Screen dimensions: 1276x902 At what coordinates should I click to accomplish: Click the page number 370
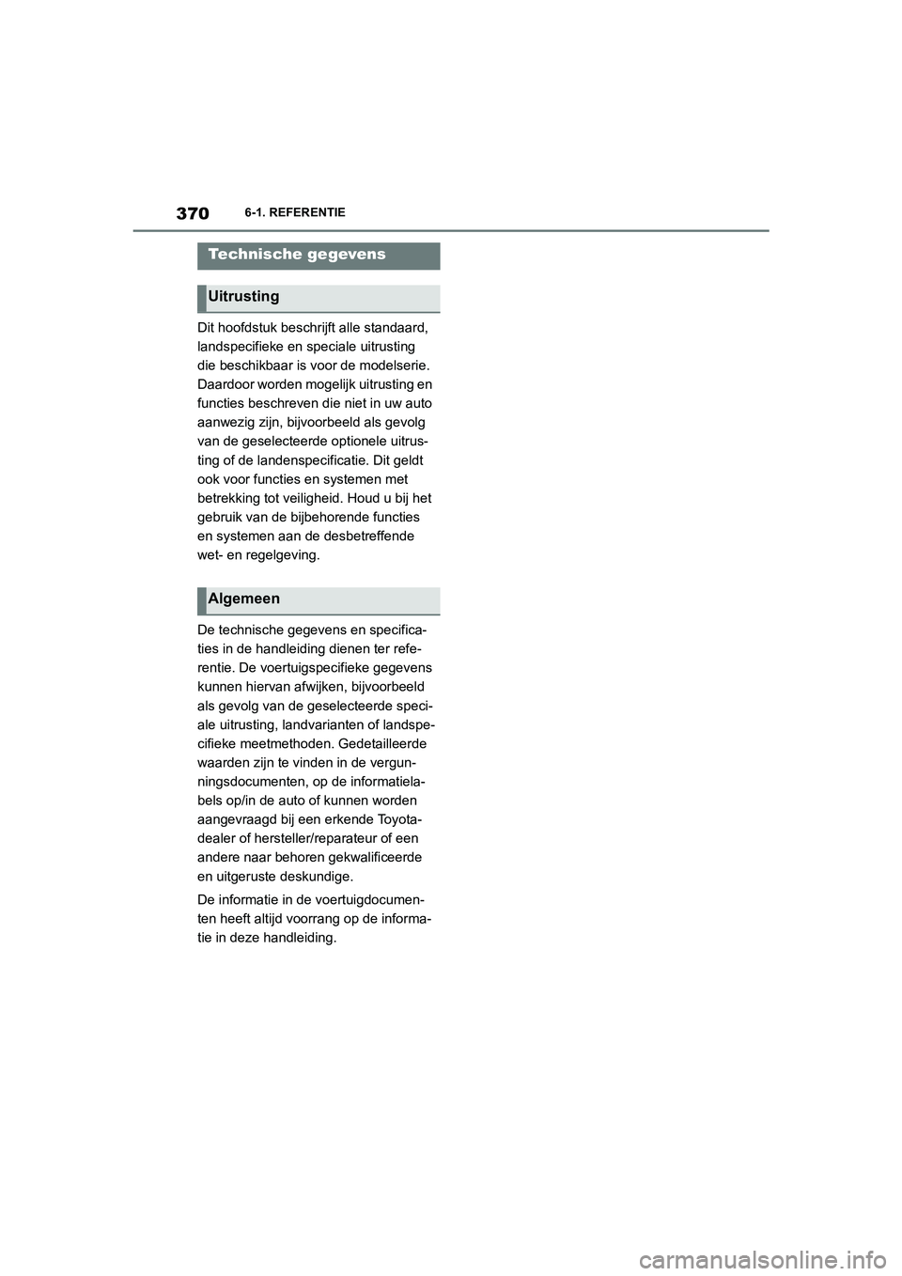click(x=192, y=213)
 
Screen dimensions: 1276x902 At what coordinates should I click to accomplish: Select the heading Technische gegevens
click(x=297, y=255)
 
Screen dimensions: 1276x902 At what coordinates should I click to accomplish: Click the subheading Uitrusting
click(x=243, y=297)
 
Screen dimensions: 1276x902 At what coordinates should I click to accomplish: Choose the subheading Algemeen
click(x=243, y=599)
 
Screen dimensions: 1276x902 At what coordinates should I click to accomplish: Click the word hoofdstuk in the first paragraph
click(x=249, y=328)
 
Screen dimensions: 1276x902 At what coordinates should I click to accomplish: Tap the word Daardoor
click(x=225, y=384)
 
